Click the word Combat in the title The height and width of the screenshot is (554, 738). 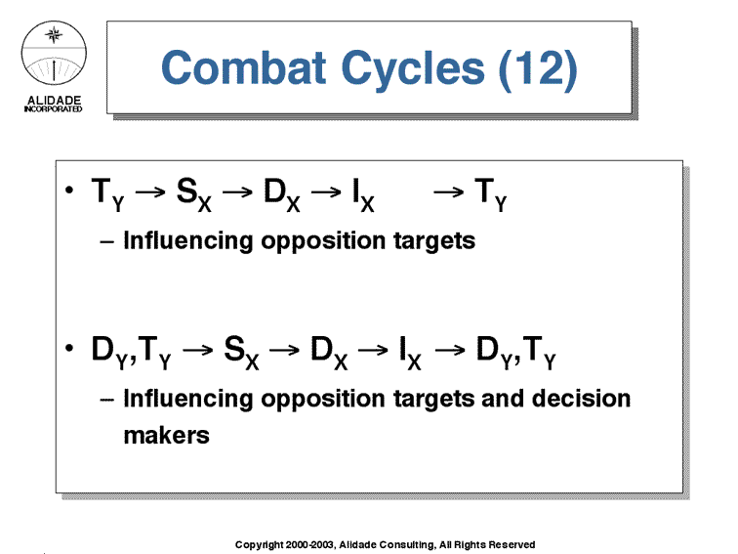[243, 67]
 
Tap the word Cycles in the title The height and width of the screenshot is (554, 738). [413, 70]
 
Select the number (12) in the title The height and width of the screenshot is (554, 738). [538, 69]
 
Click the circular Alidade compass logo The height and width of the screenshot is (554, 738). [54, 53]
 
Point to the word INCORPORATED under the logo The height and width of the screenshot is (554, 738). [53, 108]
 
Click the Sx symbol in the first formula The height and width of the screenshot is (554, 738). [194, 195]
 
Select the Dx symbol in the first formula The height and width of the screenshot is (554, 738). [281, 195]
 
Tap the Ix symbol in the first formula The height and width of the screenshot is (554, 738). [363, 195]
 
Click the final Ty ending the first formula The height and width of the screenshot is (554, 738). [490, 195]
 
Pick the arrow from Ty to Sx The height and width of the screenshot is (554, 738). [150, 192]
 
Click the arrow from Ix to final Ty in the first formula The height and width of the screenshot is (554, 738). [448, 192]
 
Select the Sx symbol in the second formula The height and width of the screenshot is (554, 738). [241, 353]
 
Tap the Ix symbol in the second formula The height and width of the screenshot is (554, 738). [410, 353]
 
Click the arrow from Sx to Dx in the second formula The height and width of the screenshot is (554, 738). [284, 350]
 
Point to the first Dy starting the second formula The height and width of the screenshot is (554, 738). [109, 353]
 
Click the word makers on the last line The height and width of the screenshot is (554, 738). [167, 436]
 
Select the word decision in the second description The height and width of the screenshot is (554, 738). [581, 399]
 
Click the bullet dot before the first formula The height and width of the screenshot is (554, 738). [69, 190]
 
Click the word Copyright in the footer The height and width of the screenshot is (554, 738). [260, 545]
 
